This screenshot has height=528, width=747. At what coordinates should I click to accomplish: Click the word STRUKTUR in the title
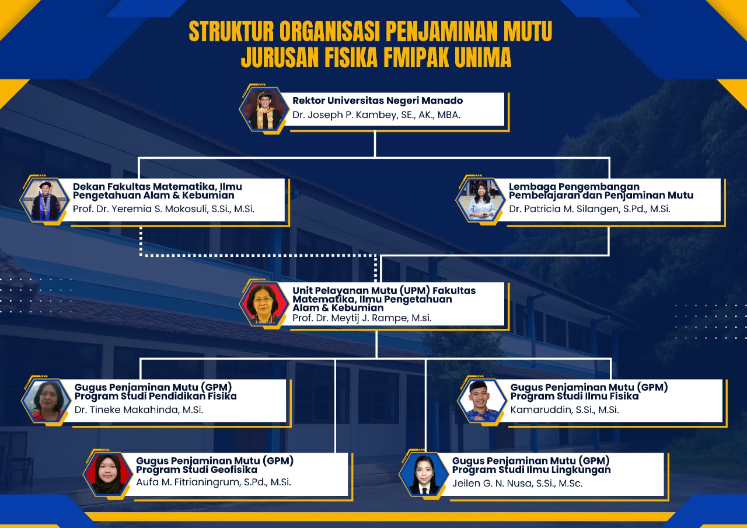point(231,31)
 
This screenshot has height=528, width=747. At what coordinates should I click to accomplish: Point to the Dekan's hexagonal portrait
point(45,200)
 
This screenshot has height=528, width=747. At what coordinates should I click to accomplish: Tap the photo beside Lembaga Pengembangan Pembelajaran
point(480,200)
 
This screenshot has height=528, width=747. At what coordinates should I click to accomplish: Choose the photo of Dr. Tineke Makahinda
point(46,401)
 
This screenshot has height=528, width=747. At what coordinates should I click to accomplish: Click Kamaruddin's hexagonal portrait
point(482,401)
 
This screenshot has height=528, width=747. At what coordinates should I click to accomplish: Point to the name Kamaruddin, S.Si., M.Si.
point(564,410)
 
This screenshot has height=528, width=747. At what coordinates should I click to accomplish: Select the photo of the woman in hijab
point(107,474)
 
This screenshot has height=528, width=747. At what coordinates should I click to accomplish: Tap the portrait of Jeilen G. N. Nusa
point(424,474)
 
